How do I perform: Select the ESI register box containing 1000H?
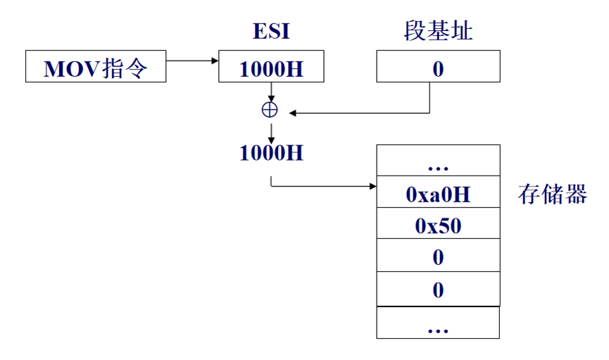[271, 68]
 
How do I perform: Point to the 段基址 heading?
[437, 32]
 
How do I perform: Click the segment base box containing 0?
[438, 68]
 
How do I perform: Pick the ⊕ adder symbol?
[270, 111]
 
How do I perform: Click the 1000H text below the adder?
[271, 153]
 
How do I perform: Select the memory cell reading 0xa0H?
[438, 194]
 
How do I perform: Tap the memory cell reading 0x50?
[438, 225]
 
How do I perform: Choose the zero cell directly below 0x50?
[438, 257]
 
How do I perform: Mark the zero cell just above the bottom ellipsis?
[438, 290]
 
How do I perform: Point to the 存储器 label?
[553, 194]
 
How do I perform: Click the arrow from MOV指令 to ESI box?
[192, 61]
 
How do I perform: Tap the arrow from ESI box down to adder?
[270, 92]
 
